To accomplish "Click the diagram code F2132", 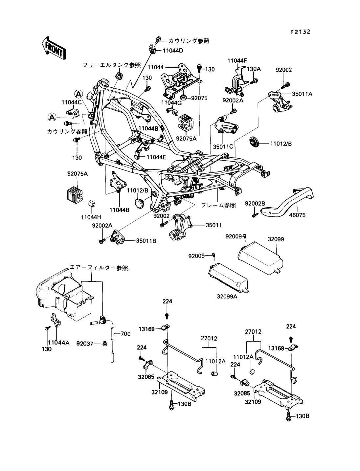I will click(300, 32).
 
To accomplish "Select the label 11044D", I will click(173, 51).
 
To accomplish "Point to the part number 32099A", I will click(227, 296).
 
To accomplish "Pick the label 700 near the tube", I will click(125, 334).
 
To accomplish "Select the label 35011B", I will click(146, 241).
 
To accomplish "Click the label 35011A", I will click(302, 94).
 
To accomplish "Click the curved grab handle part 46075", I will click(289, 200).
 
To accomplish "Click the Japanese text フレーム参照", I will click(218, 205).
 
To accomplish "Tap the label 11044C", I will click(71, 102).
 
